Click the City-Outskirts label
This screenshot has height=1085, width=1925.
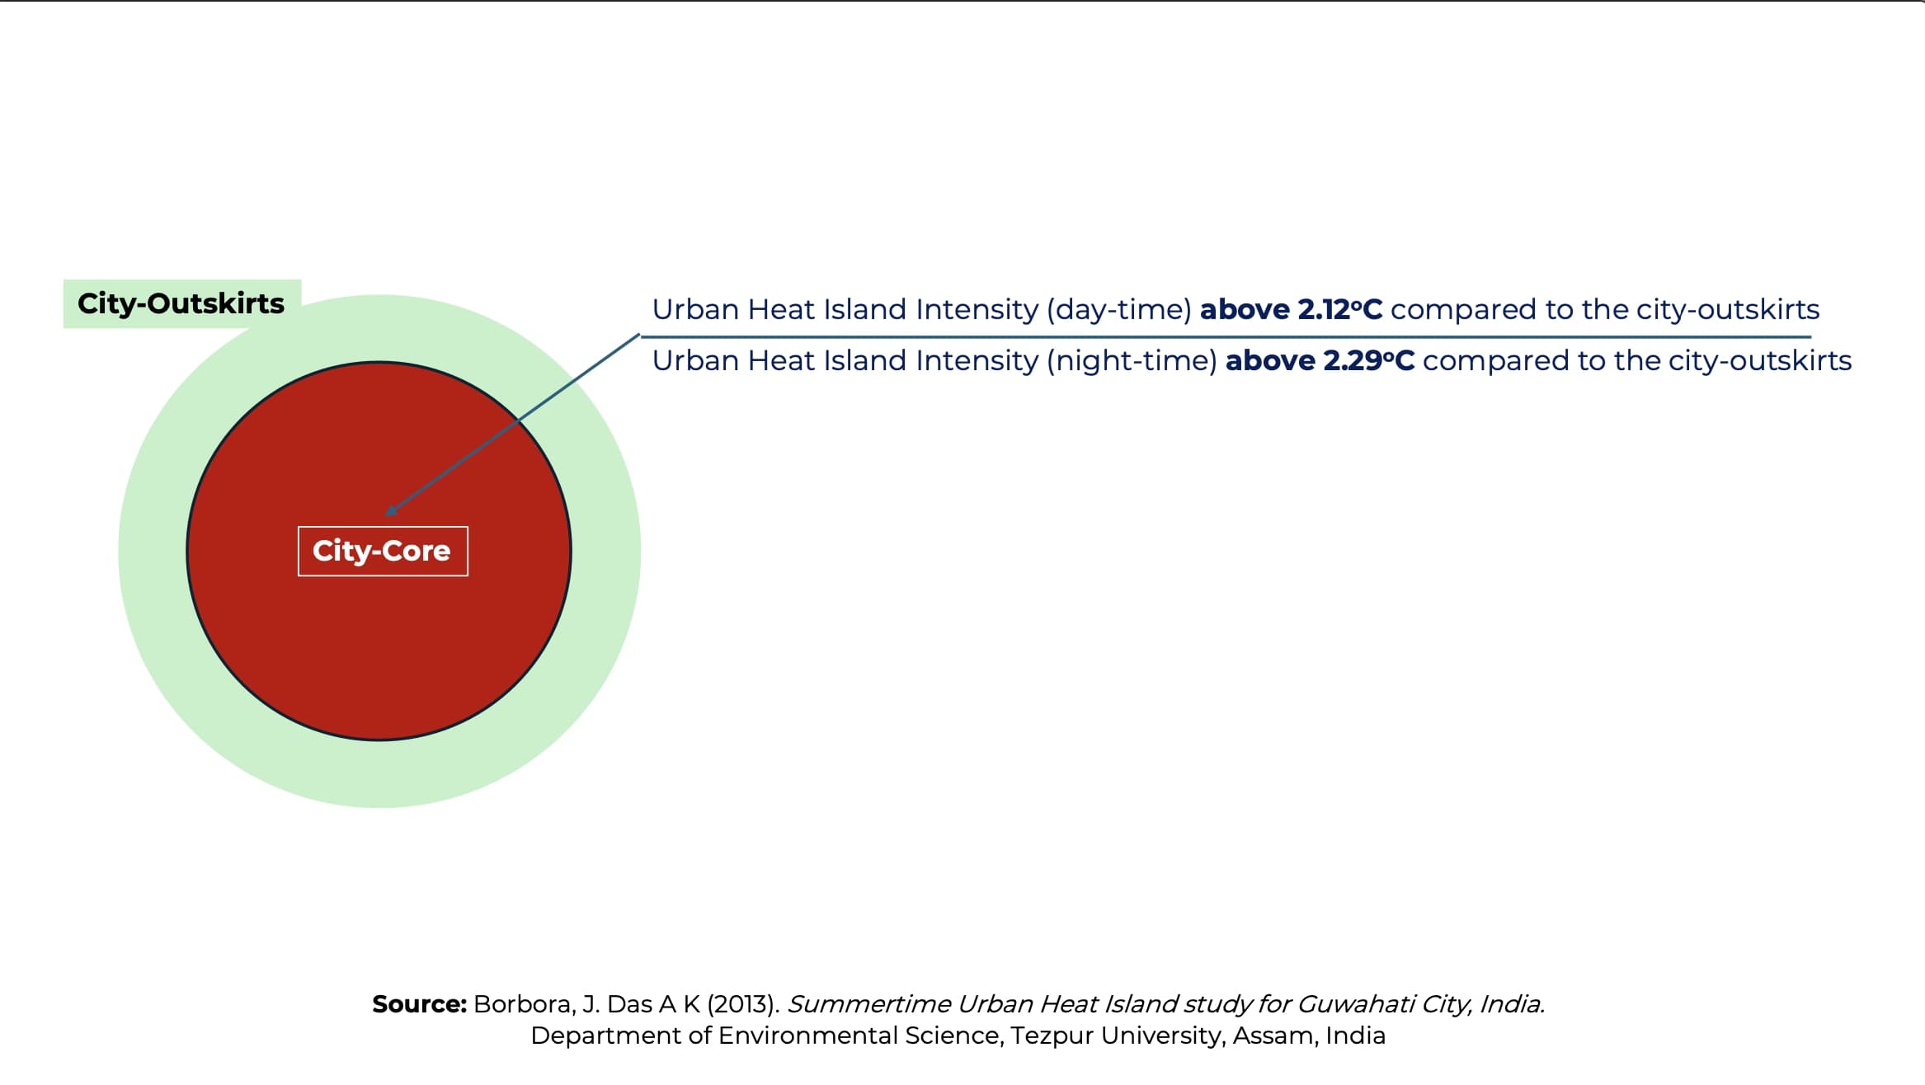tap(181, 303)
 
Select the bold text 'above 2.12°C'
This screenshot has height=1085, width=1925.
tap(1291, 309)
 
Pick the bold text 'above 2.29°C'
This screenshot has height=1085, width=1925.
tap(1320, 360)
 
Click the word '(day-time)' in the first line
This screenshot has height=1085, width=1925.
tap(1119, 310)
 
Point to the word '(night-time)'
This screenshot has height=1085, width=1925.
tap(1132, 361)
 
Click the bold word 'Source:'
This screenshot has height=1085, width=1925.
tap(420, 1004)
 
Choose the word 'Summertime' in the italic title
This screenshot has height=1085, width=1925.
tap(868, 1004)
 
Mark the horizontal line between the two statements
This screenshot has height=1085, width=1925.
tap(1226, 336)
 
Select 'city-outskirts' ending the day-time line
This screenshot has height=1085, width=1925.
tap(1728, 309)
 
